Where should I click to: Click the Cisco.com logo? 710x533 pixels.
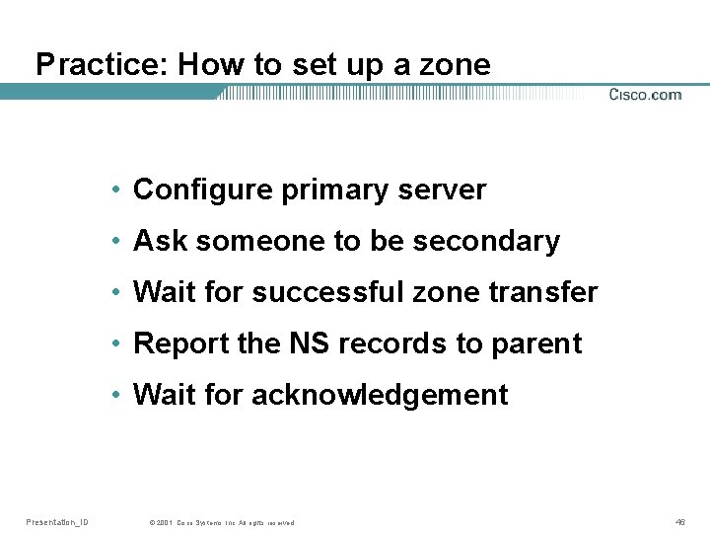pyautogui.click(x=645, y=95)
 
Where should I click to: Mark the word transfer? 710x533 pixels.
pyautogui.click(x=552, y=292)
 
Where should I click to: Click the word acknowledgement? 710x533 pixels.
pyautogui.click(x=380, y=395)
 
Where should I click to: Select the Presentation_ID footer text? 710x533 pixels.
pyautogui.click(x=57, y=522)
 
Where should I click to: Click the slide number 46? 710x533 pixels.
pyautogui.click(x=680, y=522)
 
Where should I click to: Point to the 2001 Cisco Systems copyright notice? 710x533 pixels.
pyautogui.click(x=221, y=522)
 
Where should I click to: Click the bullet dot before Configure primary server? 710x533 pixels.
pyautogui.click(x=116, y=190)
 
